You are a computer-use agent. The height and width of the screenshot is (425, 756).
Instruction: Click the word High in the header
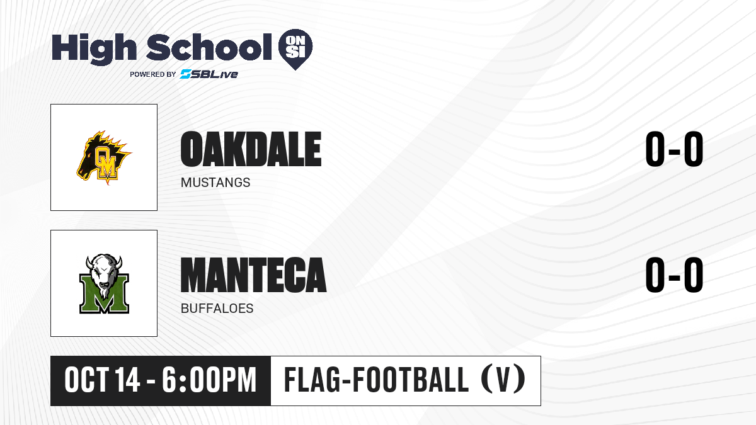point(94,48)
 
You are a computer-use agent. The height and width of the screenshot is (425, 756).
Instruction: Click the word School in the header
point(209,47)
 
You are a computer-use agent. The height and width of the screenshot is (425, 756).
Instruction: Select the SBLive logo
point(209,74)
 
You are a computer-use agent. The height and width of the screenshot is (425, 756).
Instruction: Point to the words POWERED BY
point(153,74)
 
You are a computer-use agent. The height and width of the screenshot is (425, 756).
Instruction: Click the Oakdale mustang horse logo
point(103,157)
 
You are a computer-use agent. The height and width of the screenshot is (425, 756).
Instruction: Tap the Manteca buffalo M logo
point(104,284)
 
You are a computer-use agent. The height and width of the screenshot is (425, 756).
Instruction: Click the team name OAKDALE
point(251,149)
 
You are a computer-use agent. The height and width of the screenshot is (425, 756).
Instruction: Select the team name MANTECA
point(253,275)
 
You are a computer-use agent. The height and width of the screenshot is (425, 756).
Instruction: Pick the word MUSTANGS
point(215,183)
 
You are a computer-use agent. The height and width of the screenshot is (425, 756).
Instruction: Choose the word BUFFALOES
point(217,309)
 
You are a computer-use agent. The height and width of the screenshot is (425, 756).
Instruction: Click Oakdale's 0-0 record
point(674,149)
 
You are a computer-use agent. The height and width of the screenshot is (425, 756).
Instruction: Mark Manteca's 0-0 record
point(674,275)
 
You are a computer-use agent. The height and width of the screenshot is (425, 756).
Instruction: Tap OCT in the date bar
point(87,380)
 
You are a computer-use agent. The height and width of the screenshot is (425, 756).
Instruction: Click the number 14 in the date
point(127,380)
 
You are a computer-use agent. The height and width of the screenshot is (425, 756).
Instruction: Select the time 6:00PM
point(209,380)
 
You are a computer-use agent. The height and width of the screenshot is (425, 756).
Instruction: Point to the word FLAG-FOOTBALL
point(376,380)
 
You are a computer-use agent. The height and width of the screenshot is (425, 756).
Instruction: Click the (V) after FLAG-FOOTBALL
point(503,380)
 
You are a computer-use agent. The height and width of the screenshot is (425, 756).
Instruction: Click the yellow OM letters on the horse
point(106,162)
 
